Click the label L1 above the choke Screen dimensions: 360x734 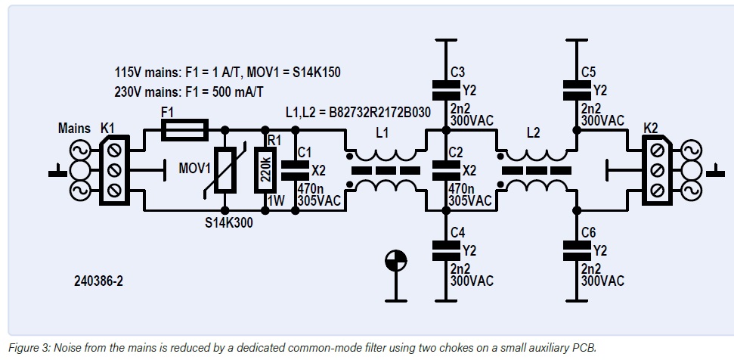[382, 132]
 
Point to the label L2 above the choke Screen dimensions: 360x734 [534, 132]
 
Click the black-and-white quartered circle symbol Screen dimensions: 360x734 [394, 261]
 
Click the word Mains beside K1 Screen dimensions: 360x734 [74, 129]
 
